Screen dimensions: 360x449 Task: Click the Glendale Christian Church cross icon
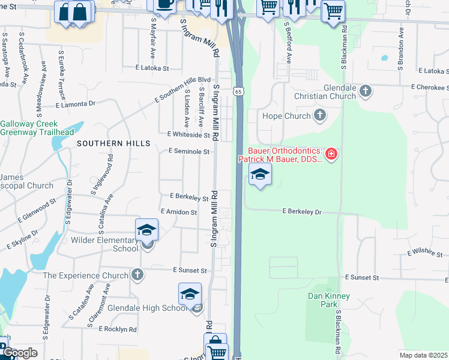tap(365, 91)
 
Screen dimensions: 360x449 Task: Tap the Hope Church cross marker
tap(320, 115)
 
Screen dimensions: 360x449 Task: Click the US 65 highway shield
tap(238, 91)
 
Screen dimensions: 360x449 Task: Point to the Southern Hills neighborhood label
tap(113, 143)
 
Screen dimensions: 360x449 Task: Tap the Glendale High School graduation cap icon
tap(190, 293)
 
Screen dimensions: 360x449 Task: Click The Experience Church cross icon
tap(137, 275)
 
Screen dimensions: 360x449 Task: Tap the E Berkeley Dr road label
tap(303, 212)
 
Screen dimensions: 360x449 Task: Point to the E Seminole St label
tap(188, 152)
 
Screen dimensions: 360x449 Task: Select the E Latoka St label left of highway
tap(152, 68)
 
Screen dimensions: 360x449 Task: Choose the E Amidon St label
tap(179, 212)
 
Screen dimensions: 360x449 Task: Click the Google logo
tap(19, 353)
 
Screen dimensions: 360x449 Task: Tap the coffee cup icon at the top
tap(164, 5)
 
